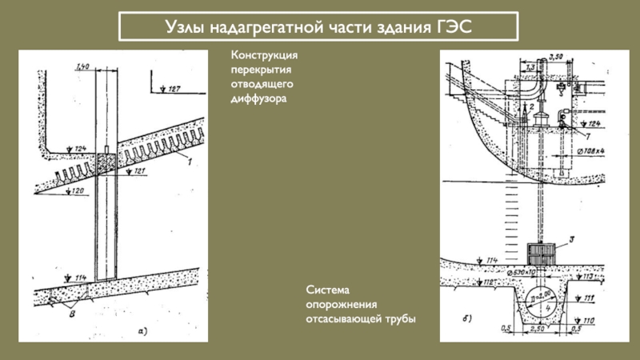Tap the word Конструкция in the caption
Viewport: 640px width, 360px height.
[x=265, y=55]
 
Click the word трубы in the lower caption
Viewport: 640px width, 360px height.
[x=399, y=319]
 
